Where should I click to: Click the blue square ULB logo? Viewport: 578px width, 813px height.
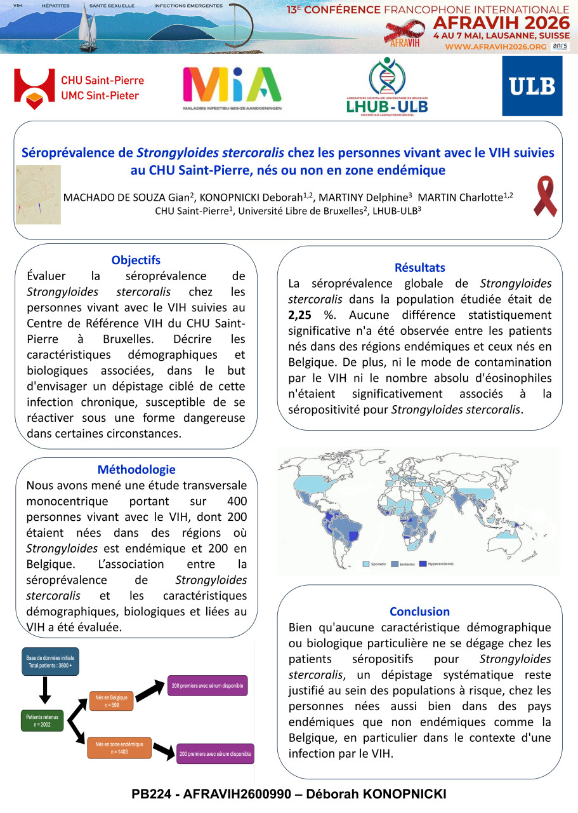532,86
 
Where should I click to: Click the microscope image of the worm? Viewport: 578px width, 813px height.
38,195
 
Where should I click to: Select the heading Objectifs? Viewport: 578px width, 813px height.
136,260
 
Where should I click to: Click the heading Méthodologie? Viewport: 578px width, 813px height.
136,470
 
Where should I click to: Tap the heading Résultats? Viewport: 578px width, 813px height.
419,267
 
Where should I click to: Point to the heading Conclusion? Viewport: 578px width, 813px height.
419,612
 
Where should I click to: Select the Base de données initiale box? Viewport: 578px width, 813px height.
50,661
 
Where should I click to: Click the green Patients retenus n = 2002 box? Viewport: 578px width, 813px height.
42,721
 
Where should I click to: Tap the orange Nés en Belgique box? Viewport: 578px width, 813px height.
111,701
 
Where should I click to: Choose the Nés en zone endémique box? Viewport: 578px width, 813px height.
119,748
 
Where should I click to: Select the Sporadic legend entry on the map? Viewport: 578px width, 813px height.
376,563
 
